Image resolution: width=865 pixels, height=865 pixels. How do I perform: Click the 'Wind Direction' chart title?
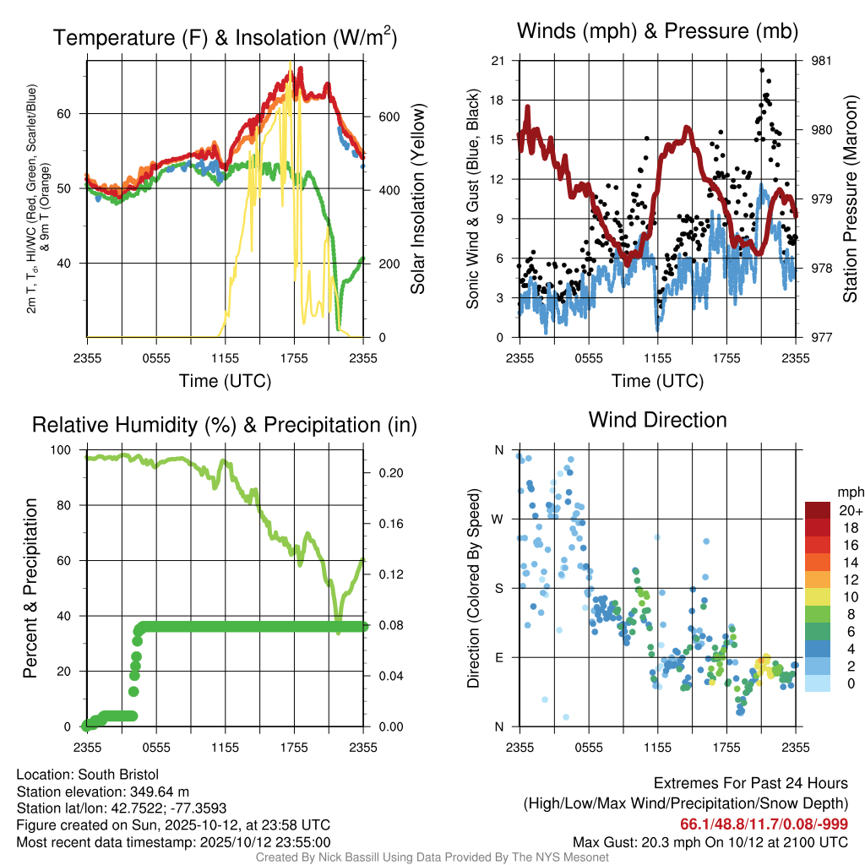click(657, 420)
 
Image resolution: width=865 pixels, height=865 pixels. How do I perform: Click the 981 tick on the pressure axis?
click(822, 61)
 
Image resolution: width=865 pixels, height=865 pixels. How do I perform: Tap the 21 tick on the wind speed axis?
click(498, 61)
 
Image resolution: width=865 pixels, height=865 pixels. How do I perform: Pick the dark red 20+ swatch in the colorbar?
click(819, 510)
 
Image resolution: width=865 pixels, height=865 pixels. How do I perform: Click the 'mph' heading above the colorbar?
click(848, 492)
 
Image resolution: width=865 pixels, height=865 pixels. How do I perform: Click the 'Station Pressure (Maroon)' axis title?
click(851, 199)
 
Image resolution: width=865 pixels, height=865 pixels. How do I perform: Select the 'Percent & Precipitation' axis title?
click(30, 588)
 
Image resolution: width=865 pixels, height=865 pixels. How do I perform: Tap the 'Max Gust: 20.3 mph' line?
click(710, 841)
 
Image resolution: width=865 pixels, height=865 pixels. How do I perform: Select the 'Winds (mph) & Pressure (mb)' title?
click(657, 32)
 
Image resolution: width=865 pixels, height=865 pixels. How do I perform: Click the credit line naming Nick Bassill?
click(432, 857)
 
